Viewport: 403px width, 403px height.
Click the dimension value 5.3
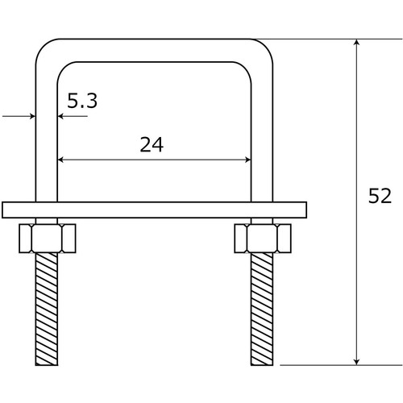click(x=82, y=101)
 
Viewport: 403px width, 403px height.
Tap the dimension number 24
click(x=152, y=144)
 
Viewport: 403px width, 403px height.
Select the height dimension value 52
click(x=380, y=196)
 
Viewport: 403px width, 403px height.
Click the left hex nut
click(x=48, y=239)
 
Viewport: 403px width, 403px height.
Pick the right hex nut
click(x=263, y=239)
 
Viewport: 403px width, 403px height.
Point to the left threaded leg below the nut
click(x=47, y=309)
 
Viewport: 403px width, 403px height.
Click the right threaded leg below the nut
click(x=262, y=309)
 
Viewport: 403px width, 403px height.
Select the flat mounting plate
click(x=154, y=210)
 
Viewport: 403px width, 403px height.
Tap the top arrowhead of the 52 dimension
click(x=356, y=43)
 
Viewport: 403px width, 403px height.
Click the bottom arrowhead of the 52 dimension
click(x=356, y=361)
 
